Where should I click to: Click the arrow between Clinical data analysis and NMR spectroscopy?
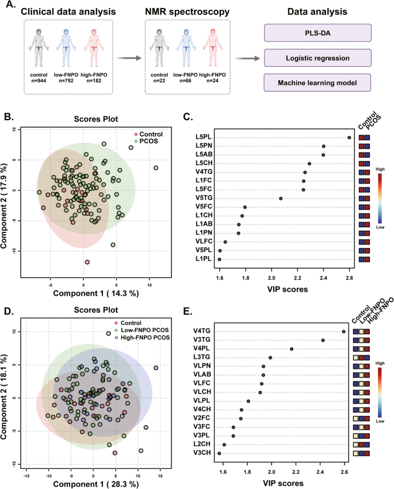[x=129, y=58]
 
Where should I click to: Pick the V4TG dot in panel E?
[x=343, y=331]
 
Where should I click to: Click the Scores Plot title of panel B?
[x=94, y=120]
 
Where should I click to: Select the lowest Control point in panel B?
[x=87, y=262]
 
